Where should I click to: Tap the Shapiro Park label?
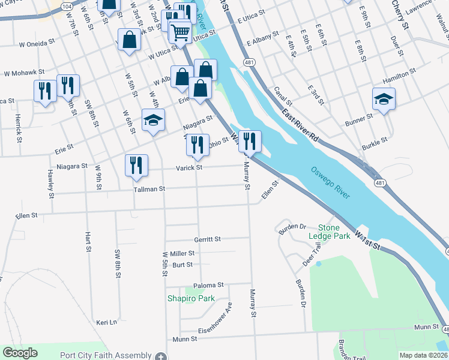pyautogui.click(x=191, y=298)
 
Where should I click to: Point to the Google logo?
pyautogui.click(x=20, y=353)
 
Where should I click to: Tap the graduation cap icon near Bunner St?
pyautogui.click(x=384, y=98)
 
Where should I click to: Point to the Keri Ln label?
pyautogui.click(x=106, y=322)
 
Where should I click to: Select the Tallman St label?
pyautogui.click(x=149, y=188)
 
